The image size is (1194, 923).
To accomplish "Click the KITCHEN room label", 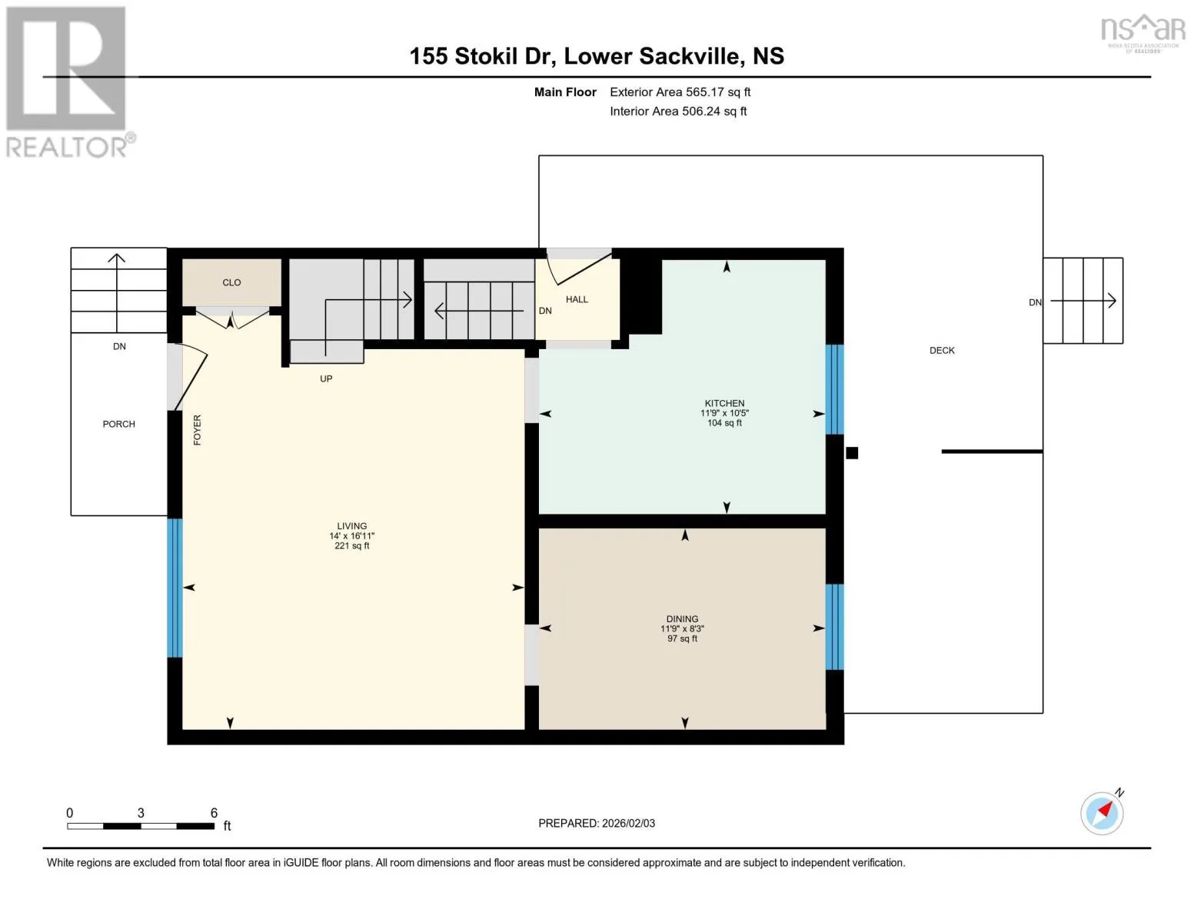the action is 724,403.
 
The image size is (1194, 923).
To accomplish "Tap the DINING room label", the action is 682,618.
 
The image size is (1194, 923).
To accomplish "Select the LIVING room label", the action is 351,525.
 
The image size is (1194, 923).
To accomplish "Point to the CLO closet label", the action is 231,282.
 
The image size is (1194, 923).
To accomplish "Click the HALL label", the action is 577,299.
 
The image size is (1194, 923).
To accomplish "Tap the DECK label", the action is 942,350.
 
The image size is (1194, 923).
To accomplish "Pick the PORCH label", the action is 118,424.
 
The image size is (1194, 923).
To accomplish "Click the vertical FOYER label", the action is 198,429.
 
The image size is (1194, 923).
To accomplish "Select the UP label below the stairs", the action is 326,378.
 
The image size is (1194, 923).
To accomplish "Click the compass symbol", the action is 1102,813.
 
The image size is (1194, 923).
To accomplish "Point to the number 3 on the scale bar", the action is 141,812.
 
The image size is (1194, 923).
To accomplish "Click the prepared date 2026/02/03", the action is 629,823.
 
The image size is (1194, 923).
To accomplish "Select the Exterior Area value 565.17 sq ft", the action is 718,92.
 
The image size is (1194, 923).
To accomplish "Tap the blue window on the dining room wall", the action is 835,626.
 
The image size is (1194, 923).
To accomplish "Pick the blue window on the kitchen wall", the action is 835,389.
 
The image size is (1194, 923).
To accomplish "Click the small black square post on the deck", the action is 852,452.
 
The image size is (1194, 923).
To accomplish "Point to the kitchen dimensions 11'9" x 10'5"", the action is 724,413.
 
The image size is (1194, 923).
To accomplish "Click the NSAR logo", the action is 1143,33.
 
